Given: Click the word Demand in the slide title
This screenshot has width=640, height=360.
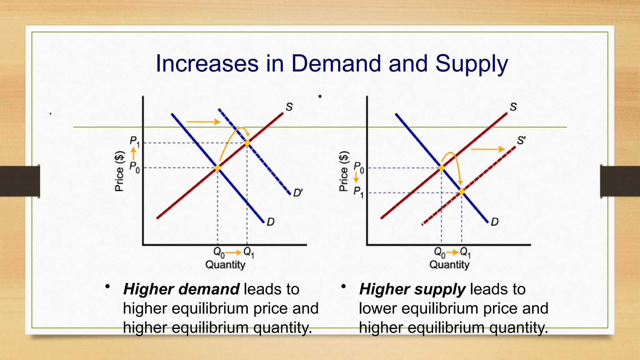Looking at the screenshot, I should [336, 63].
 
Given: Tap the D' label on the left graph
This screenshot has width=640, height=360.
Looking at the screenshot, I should [298, 192].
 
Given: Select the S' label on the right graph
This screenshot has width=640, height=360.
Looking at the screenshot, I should [521, 140].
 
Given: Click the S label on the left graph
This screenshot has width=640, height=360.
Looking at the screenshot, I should [289, 107].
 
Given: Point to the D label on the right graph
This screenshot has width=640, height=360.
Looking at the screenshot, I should [494, 222].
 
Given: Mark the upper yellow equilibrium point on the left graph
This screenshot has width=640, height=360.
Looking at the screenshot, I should [247, 143].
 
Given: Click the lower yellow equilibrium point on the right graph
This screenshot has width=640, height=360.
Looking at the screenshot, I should [462, 191].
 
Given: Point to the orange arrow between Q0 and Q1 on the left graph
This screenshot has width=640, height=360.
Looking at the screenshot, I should [233, 252].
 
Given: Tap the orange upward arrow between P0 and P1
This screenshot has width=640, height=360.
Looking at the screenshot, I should [133, 154].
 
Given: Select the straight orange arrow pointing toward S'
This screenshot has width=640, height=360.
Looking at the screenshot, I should [488, 149].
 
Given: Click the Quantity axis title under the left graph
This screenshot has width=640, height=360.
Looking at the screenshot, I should [225, 265].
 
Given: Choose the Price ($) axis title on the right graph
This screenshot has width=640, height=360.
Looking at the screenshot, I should [343, 171].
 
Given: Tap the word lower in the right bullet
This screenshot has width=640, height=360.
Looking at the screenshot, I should [378, 308].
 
